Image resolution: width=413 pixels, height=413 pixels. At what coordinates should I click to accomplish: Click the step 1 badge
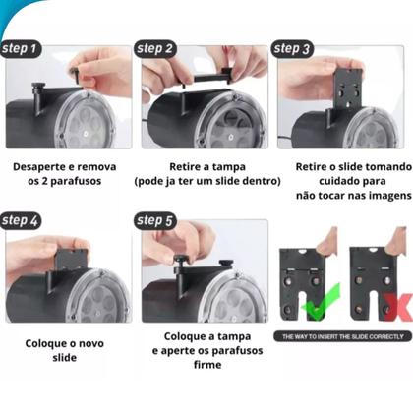tap(21, 49)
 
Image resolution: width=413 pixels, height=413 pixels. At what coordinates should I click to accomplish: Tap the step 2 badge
tap(155, 49)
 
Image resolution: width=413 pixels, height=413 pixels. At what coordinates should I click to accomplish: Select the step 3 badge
tap(292, 49)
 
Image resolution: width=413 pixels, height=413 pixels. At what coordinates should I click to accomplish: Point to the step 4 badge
tap(21, 221)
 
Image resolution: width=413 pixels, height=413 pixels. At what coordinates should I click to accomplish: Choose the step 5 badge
tap(155, 221)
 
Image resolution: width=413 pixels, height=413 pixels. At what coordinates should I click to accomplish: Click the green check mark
tap(321, 302)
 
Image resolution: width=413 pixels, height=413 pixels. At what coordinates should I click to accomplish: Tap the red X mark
tap(398, 307)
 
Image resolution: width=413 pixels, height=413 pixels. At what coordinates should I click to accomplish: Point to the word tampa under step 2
tap(228, 167)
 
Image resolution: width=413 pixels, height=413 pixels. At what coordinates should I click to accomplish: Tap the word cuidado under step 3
tap(336, 181)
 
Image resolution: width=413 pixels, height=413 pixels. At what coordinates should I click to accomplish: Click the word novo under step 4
tap(90, 344)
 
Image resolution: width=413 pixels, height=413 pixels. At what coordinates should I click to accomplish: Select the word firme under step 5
tap(207, 365)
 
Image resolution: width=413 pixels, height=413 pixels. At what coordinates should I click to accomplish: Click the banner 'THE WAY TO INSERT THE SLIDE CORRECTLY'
tap(343, 336)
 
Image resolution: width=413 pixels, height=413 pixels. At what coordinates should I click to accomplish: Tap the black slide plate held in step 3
tap(348, 88)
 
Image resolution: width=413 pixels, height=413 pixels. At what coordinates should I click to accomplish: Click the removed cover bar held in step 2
tap(208, 79)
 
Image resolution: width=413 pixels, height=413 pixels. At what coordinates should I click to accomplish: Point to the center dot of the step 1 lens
tap(86, 134)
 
